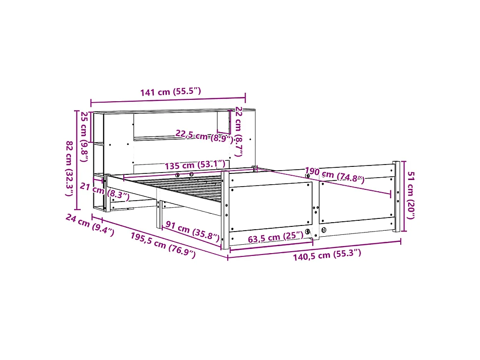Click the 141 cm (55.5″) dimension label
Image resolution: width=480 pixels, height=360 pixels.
click(x=171, y=91)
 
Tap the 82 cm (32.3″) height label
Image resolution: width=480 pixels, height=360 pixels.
click(x=70, y=169)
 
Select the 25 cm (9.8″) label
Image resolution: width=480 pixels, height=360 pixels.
click(x=84, y=137)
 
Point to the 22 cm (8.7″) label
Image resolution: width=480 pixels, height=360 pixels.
click(x=239, y=132)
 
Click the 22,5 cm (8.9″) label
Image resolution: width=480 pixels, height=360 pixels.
click(x=204, y=136)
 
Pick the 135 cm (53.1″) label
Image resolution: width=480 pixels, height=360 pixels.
click(x=195, y=165)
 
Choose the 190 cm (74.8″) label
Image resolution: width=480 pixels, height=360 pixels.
click(x=335, y=175)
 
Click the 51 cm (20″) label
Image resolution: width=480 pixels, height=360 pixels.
click(x=411, y=195)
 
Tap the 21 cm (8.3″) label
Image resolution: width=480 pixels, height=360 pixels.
click(x=105, y=192)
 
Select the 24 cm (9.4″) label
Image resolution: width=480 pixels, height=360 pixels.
click(x=90, y=225)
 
